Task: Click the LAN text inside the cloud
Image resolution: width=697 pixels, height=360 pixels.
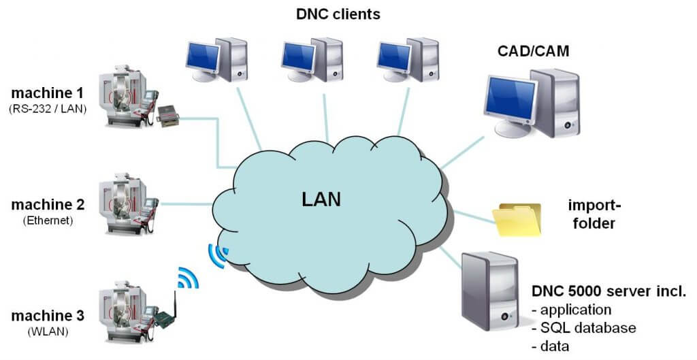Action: coord(321,199)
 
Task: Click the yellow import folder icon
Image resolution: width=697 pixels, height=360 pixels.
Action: coord(519,219)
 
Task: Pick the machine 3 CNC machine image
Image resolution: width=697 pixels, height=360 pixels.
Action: coord(127,306)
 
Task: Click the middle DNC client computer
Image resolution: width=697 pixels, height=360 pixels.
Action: coord(312,60)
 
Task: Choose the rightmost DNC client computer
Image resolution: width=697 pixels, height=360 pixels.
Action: coord(406,60)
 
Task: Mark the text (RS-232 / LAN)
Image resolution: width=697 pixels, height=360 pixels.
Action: coord(48,108)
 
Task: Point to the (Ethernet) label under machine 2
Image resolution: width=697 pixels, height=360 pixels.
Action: coord(48,220)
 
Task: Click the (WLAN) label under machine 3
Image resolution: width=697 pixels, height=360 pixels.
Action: coord(48,332)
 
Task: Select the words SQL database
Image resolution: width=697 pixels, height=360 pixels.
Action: coord(588,328)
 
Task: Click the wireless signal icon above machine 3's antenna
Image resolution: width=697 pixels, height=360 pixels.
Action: coord(187,277)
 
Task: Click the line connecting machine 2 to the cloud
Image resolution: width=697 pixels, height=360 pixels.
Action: coord(187,203)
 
